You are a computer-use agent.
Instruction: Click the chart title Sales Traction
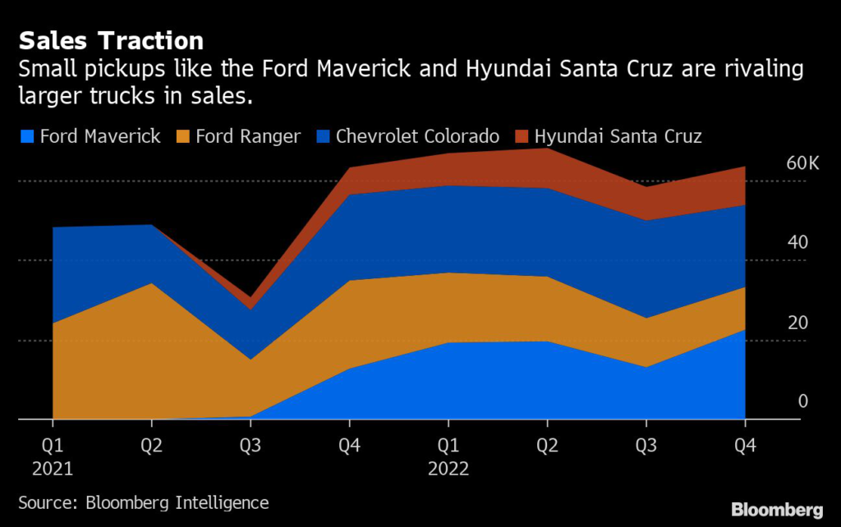[112, 40]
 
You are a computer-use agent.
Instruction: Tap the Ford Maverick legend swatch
[25, 136]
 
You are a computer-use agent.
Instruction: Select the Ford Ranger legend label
[248, 136]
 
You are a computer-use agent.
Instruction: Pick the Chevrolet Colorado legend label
[417, 136]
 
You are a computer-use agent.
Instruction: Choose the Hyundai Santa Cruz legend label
[618, 136]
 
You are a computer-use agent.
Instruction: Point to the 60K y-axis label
[802, 163]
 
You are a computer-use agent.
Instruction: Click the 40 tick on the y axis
[797, 242]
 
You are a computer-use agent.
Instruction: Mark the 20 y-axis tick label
[797, 322]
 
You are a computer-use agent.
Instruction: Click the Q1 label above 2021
[53, 448]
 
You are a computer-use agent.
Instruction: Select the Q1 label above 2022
[448, 448]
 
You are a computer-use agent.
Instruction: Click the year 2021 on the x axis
[53, 470]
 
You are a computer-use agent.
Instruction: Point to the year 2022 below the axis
[448, 470]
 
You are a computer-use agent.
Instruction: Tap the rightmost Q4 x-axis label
[745, 448]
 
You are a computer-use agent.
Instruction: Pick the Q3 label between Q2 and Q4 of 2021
[250, 448]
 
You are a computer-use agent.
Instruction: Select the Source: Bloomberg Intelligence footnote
[144, 502]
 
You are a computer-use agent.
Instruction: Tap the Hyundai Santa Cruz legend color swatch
[522, 136]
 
